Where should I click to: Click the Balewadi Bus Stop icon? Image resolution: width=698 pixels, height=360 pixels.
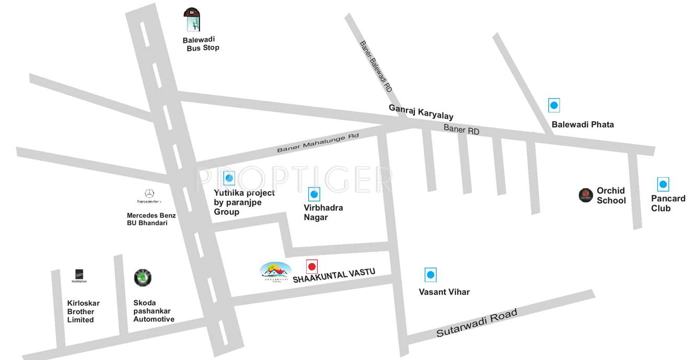192,20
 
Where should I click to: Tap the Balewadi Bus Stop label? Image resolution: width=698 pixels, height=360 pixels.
201,44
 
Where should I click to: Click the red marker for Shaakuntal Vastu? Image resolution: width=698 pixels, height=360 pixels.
312,266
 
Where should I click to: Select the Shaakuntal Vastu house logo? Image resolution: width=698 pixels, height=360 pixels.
275,272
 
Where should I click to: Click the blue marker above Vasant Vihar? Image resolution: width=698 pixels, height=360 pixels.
431,274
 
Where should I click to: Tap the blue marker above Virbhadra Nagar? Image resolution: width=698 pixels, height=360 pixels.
314,195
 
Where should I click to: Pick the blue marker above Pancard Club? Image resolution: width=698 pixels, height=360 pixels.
663,184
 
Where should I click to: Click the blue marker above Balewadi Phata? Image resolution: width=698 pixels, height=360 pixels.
554,105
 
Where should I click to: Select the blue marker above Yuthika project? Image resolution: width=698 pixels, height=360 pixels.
229,178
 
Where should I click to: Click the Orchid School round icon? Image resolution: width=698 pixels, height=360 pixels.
586,195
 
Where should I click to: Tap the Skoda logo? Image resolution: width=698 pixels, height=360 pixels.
143,277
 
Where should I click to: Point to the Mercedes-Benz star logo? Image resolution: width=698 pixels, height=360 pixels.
149,193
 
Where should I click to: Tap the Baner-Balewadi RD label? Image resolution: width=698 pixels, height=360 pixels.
376,66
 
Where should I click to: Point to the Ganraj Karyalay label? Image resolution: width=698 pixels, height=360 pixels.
421,112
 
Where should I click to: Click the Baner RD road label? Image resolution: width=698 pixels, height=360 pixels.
461,130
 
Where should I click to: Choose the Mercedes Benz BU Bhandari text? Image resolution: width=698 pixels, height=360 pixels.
152,219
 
